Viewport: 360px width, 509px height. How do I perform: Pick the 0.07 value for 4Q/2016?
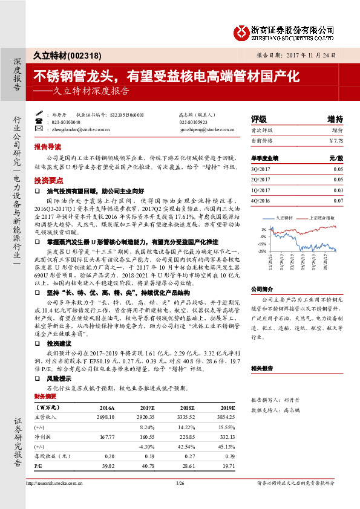pos(338,200)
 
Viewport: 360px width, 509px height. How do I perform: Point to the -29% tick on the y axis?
pos(263,251)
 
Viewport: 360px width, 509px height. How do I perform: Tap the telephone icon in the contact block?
pos(40,121)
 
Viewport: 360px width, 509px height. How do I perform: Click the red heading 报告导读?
pos(48,147)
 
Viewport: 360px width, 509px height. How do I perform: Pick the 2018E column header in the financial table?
pos(178,407)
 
